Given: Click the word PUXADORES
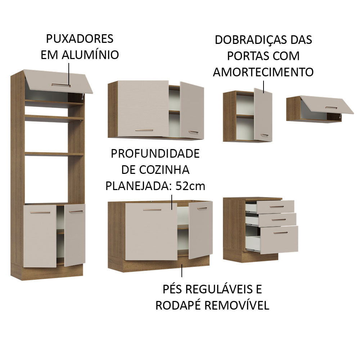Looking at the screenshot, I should (x=80, y=39).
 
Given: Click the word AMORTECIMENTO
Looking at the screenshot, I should (x=263, y=72).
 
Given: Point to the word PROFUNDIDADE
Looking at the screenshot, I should (x=155, y=154).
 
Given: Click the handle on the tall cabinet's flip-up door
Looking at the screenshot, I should (x=60, y=85).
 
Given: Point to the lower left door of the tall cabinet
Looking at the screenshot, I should (x=40, y=236).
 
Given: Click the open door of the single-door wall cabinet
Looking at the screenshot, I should (x=263, y=114).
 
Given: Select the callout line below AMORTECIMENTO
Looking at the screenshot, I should (x=264, y=87).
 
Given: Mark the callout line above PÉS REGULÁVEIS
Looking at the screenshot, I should (x=182, y=270).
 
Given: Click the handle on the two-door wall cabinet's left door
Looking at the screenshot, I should (x=144, y=130).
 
